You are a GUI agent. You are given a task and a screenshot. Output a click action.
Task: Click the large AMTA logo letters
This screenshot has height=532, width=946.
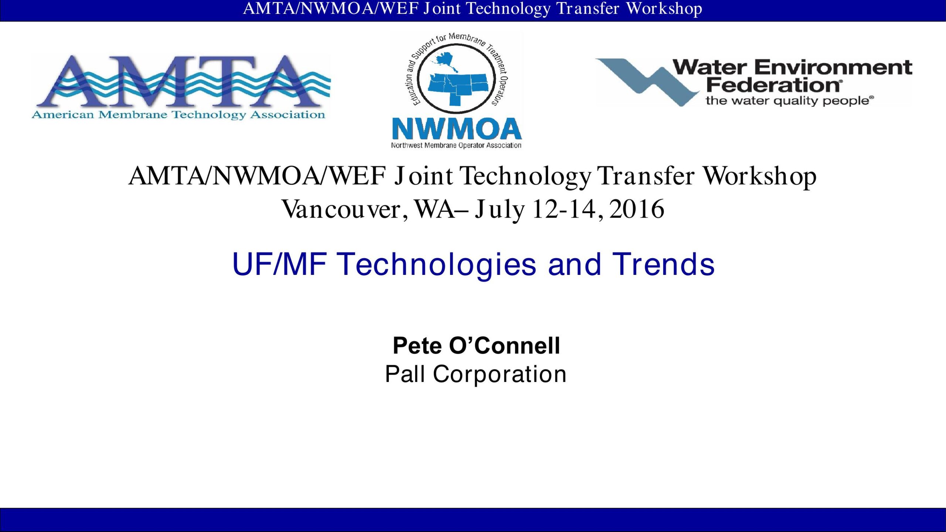tap(181, 81)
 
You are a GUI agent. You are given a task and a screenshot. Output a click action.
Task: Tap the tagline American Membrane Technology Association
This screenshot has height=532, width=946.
tap(178, 115)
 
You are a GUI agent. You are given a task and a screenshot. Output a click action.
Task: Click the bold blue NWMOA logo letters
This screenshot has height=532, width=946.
tap(457, 129)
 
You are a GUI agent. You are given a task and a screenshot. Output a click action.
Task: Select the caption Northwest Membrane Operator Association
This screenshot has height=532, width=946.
tap(456, 146)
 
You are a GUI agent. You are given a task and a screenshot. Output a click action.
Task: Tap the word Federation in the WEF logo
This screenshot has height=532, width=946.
tap(775, 86)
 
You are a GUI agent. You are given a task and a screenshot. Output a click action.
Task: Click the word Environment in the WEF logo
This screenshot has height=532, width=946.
tap(833, 68)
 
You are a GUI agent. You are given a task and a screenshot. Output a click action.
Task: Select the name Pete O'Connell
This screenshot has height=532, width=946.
tap(476, 346)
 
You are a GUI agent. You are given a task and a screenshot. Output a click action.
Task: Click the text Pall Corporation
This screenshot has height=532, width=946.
tap(476, 374)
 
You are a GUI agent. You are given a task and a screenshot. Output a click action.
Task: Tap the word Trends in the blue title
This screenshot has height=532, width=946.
tap(663, 264)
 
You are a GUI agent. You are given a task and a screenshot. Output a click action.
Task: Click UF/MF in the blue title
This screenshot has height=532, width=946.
tap(279, 264)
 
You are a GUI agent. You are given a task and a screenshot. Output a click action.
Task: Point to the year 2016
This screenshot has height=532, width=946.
tap(637, 209)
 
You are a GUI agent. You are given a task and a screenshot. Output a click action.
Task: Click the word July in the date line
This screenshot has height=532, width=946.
tap(499, 210)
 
